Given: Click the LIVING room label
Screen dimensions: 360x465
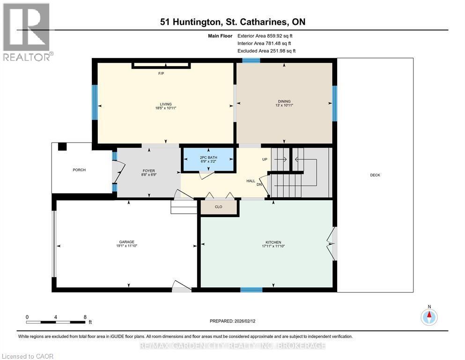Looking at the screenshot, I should pyautogui.click(x=165, y=104).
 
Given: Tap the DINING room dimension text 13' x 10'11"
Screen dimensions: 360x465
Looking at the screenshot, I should pyautogui.click(x=284, y=105).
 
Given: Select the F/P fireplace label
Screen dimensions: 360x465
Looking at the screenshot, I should pyautogui.click(x=161, y=74).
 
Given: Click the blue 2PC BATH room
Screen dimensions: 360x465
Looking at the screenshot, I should pyautogui.click(x=208, y=159).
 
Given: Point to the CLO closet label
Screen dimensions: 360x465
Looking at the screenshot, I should pyautogui.click(x=218, y=207).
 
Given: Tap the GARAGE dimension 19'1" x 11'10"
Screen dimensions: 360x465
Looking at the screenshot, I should pyautogui.click(x=127, y=246).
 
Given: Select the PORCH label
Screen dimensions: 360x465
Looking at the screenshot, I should pyautogui.click(x=79, y=170).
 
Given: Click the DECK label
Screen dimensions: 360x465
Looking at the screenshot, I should pyautogui.click(x=375, y=175).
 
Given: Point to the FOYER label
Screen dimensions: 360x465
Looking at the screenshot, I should pyautogui.click(x=149, y=171).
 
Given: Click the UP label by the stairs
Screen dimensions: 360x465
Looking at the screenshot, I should pyautogui.click(x=265, y=159).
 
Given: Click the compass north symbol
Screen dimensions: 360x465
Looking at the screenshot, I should pyautogui.click(x=429, y=316).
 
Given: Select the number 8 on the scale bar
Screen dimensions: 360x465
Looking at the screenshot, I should pyautogui.click(x=85, y=317).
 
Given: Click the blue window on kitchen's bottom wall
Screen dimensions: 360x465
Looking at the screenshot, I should pyautogui.click(x=251, y=290).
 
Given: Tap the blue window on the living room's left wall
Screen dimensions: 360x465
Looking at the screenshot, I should pyautogui.click(x=95, y=102).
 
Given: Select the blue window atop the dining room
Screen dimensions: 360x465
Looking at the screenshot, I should pyautogui.click(x=251, y=60).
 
